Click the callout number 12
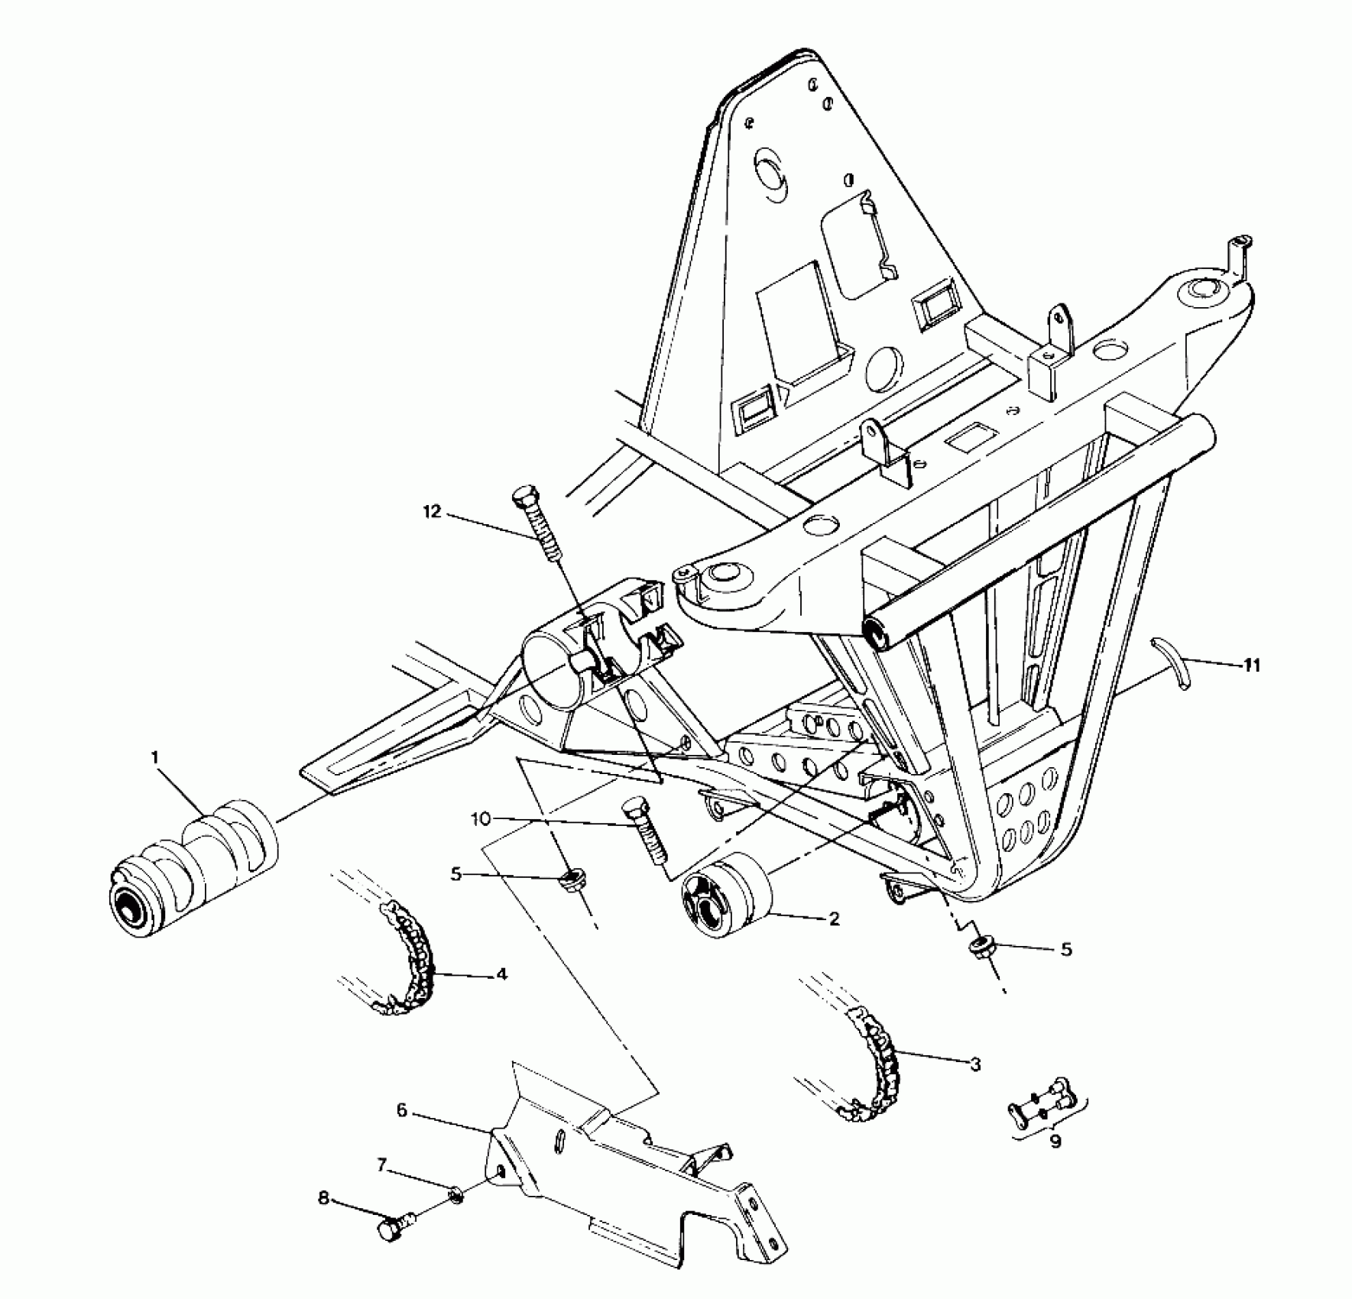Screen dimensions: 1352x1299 (x=433, y=512)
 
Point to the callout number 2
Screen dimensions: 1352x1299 (x=834, y=918)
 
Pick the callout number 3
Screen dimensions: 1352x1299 (x=974, y=1064)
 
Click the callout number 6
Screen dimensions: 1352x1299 (x=402, y=1109)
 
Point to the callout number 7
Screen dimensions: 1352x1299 (x=382, y=1165)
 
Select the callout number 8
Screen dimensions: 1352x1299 (x=323, y=1198)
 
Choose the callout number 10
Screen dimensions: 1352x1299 (x=479, y=819)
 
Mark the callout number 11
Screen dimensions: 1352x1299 (x=1250, y=666)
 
